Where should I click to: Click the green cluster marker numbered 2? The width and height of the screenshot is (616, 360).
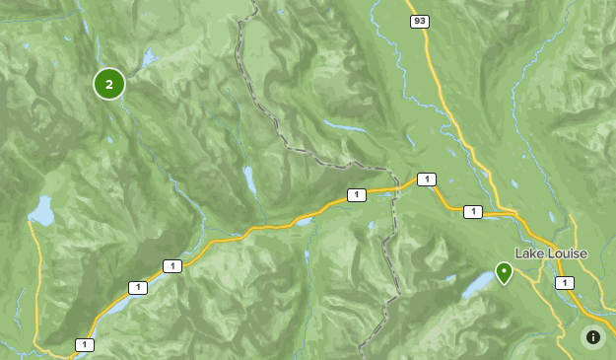(x=109, y=84)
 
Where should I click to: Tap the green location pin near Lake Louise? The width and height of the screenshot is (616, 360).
(x=504, y=272)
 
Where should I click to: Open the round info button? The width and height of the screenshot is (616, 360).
(x=592, y=337)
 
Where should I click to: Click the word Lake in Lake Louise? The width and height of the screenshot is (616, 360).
(x=530, y=253)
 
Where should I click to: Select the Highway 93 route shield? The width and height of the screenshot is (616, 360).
(x=420, y=21)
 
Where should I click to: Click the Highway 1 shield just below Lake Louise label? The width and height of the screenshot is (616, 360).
(x=564, y=283)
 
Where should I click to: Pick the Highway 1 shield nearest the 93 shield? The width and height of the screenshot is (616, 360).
(x=427, y=179)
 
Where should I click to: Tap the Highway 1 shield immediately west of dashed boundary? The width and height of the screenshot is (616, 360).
(x=356, y=194)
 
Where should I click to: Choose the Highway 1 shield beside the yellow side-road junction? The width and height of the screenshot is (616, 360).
(x=86, y=344)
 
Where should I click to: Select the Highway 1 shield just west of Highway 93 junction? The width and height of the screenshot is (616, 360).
(x=473, y=211)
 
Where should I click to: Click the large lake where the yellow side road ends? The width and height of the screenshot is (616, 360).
(x=40, y=210)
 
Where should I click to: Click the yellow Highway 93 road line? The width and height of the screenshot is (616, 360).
(x=441, y=99)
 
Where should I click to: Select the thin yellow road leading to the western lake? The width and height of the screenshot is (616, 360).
(x=36, y=286)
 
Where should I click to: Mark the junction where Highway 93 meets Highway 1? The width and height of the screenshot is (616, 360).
(x=513, y=213)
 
